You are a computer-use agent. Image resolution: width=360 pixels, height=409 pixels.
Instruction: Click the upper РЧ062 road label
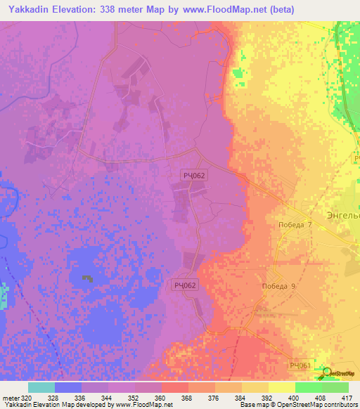tap(193, 176)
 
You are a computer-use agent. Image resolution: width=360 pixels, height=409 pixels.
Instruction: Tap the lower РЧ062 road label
tap(186, 285)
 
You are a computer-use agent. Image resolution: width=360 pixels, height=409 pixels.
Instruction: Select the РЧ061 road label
tap(300, 365)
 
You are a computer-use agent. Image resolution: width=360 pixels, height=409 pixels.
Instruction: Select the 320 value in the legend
tap(22, 397)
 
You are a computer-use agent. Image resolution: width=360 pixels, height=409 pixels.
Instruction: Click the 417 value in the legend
tap(347, 397)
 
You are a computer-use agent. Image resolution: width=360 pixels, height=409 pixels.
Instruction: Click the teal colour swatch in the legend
tap(41, 387)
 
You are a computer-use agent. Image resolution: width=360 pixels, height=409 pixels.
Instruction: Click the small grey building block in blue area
tap(87, 279)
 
